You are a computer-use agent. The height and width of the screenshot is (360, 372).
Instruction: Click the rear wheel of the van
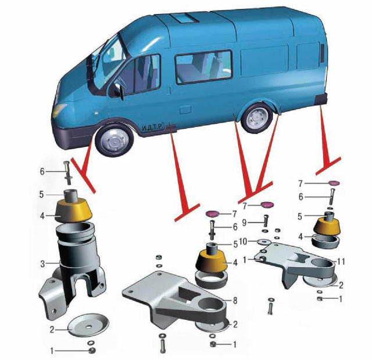click(257, 118)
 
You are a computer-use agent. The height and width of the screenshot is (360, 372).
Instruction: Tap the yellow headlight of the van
click(59, 110)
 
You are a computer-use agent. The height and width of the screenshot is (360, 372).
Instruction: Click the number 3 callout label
click(42, 264)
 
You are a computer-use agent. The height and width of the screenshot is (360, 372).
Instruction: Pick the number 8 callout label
click(235, 301)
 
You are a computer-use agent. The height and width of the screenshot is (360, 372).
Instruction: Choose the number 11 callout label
click(341, 262)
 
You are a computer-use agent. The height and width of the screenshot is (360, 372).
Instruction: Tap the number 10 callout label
click(244, 242)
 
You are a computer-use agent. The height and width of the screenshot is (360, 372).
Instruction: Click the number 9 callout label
click(244, 222)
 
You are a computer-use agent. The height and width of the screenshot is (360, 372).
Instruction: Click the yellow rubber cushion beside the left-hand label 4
click(73, 211)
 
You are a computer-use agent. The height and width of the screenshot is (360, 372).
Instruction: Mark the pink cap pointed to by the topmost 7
click(334, 183)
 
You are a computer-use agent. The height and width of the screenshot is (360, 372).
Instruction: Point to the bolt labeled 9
click(266, 221)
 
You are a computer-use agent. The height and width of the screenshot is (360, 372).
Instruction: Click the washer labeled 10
click(264, 242)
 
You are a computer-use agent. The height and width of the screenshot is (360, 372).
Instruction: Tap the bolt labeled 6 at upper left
click(67, 173)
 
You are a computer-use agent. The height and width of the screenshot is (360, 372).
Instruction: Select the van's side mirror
click(120, 91)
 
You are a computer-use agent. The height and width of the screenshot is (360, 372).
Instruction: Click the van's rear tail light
click(322, 53)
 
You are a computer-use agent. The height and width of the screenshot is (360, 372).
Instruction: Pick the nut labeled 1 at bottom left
click(92, 350)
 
